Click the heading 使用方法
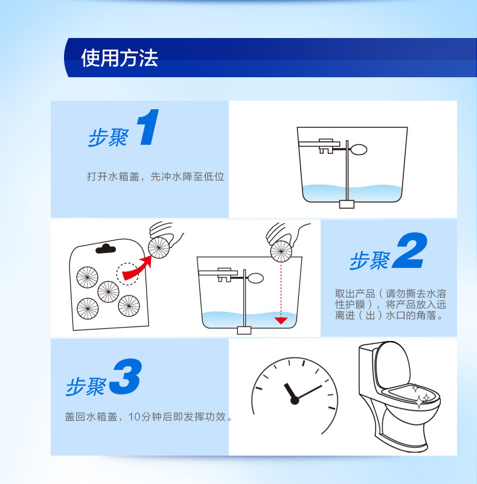120,58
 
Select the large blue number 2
410,250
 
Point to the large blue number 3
126,376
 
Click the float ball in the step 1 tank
358,150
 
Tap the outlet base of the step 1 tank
347,204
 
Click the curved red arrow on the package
136,269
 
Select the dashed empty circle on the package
128,274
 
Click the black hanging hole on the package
106,249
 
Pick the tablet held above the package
159,248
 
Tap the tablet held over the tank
281,252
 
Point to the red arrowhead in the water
281,320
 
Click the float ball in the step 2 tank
255,278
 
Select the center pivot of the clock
295,400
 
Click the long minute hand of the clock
310,392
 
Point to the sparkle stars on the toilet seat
421,397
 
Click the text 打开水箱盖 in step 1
113,177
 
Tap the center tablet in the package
108,291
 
